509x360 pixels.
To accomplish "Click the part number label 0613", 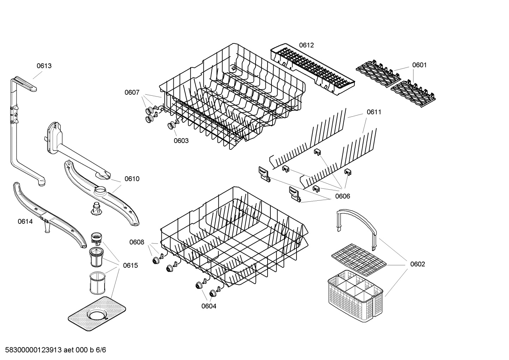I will [44, 66].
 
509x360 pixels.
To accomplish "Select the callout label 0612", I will [306, 45].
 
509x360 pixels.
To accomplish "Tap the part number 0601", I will [419, 65].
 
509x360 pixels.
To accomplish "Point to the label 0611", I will [374, 112].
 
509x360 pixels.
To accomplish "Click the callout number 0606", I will [342, 196].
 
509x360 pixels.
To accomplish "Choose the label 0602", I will [417, 264].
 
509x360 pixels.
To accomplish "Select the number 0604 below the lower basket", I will [209, 306].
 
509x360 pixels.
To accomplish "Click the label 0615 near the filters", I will [130, 265].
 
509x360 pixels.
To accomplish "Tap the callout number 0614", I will [25, 222].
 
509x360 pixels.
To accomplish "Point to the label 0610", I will [132, 179].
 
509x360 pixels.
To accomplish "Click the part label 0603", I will [181, 141].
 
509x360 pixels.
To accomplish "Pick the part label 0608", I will [137, 242].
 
